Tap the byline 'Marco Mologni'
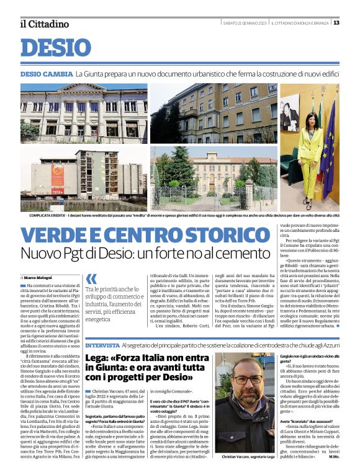[38, 277]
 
